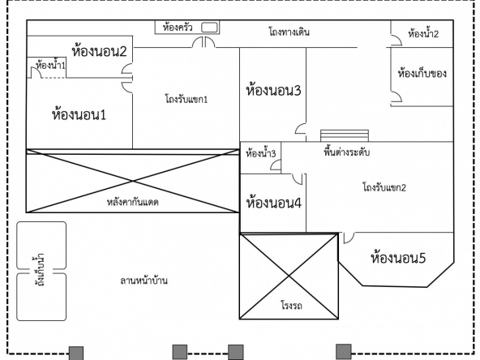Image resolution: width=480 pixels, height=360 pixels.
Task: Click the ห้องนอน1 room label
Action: (x=79, y=115)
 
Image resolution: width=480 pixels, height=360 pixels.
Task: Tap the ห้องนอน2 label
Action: (x=99, y=51)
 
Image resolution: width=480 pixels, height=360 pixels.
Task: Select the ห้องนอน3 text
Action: (x=273, y=90)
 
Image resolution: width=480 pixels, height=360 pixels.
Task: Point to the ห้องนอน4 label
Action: (x=274, y=203)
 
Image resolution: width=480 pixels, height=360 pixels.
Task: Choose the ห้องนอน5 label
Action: (x=398, y=258)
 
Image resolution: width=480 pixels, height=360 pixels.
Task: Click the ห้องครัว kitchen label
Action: (x=178, y=28)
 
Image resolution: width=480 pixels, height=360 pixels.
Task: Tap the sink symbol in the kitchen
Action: (x=209, y=28)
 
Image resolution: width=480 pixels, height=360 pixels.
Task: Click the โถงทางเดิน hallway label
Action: (x=289, y=32)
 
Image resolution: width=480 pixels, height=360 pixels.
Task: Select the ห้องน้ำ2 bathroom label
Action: (x=423, y=33)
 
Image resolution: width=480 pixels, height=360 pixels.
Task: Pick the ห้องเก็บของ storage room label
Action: (x=422, y=74)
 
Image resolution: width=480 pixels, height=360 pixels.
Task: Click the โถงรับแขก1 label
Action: (x=186, y=99)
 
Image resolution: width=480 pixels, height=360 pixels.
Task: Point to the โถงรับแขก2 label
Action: (x=384, y=187)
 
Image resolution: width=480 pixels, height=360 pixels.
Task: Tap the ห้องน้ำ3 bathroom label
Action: (x=261, y=153)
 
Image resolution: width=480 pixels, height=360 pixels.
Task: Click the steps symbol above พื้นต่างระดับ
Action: (x=345, y=135)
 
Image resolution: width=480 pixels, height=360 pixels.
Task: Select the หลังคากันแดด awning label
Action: (x=132, y=202)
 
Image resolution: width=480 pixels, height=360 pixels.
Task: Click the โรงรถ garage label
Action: (x=291, y=306)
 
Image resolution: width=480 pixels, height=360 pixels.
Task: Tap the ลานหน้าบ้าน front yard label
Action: (x=144, y=281)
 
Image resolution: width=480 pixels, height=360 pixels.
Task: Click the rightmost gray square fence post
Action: (x=344, y=352)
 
